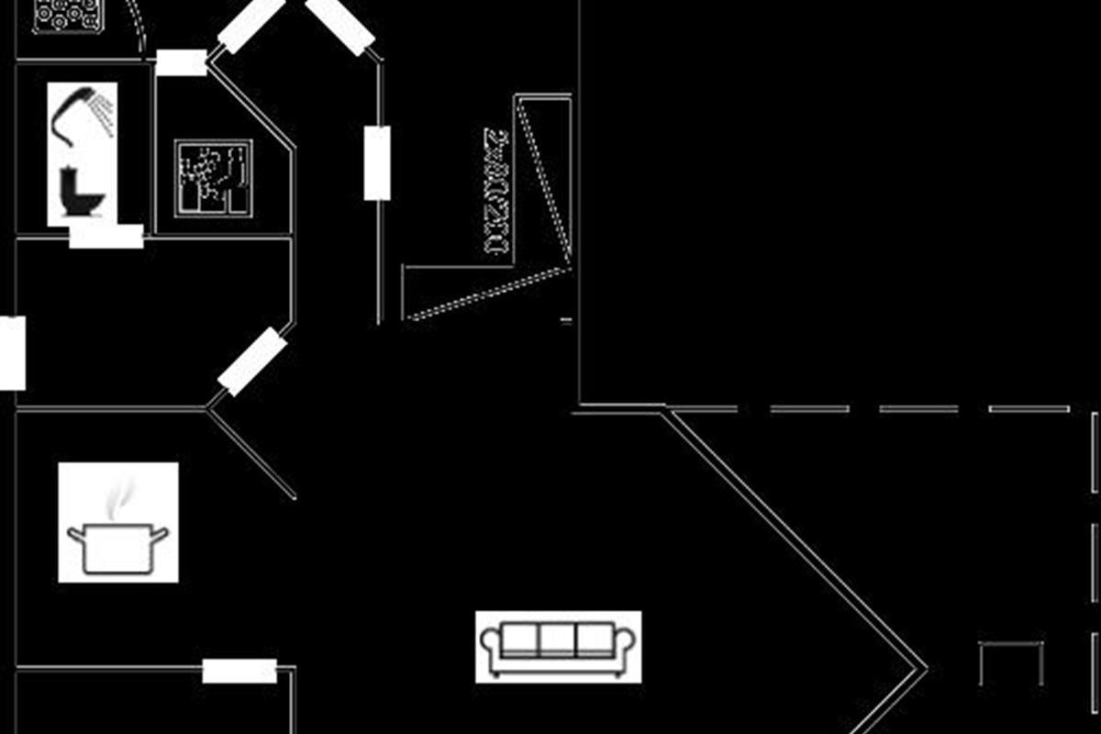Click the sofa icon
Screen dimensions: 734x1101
pyautogui.click(x=558, y=647)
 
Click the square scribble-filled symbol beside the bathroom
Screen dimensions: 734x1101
pyautogui.click(x=213, y=178)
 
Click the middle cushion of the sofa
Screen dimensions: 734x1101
pyautogui.click(x=557, y=639)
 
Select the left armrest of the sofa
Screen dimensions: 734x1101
pyautogui.click(x=489, y=647)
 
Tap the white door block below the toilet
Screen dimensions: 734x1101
pyautogui.click(x=106, y=237)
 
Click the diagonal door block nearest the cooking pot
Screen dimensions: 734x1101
pyautogui.click(x=252, y=361)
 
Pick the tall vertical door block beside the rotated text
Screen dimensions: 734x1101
pyautogui.click(x=377, y=163)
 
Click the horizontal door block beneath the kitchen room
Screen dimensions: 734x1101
pyautogui.click(x=239, y=671)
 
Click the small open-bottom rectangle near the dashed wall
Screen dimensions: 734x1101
pyautogui.click(x=1011, y=662)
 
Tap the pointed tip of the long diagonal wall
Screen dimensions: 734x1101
pyautogui.click(x=923, y=667)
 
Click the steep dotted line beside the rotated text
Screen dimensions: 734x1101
pyautogui.click(x=543, y=174)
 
